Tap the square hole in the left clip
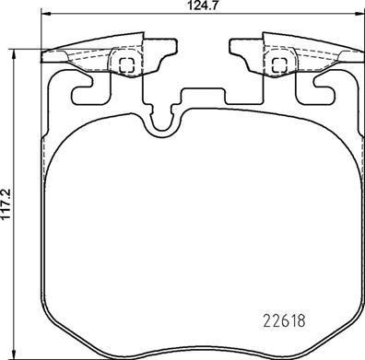[126, 64]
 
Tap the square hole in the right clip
[277, 64]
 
